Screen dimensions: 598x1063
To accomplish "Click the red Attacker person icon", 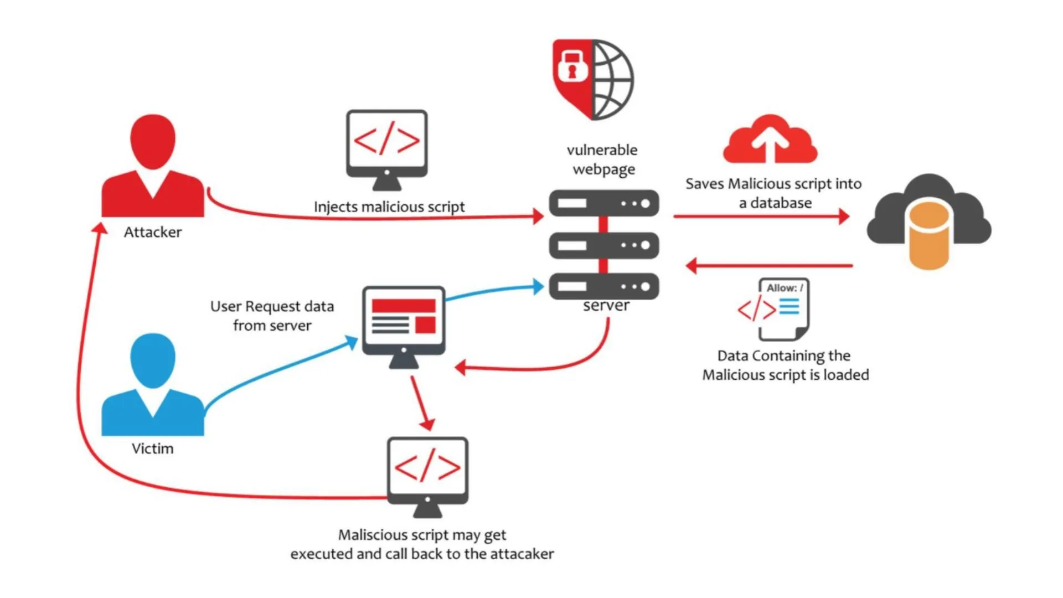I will coord(153,166).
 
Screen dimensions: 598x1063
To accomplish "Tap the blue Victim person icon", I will coord(153,385).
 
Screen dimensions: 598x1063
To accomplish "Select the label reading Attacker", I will coord(153,232).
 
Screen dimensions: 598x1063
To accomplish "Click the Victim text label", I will coord(153,448).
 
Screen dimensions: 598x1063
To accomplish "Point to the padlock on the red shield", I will coord(572,65).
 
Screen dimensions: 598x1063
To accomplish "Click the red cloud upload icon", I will coord(770,140).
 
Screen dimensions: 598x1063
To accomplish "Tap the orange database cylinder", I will coord(929,235).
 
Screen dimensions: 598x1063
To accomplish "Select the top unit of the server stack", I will coord(604,203).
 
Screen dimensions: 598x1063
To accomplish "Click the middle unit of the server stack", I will coord(604,245).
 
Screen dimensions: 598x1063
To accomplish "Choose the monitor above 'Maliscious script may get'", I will coord(427,474).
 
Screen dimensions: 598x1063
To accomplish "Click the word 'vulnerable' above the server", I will coord(602,150).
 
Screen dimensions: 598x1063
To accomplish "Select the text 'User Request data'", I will coord(272,306).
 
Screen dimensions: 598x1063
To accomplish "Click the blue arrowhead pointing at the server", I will coord(538,286).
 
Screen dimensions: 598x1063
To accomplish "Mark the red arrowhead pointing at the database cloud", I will coord(844,216).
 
